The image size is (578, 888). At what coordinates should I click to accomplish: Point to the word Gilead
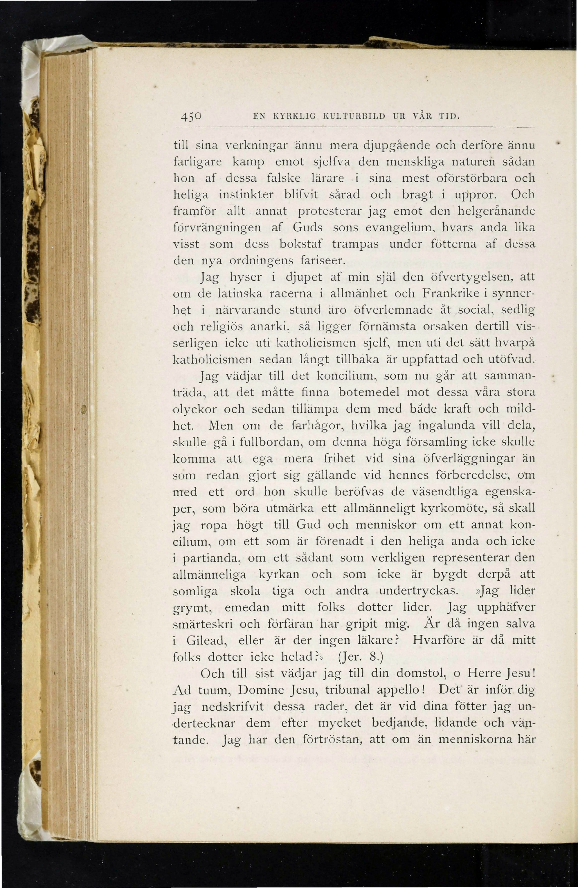click(206, 641)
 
